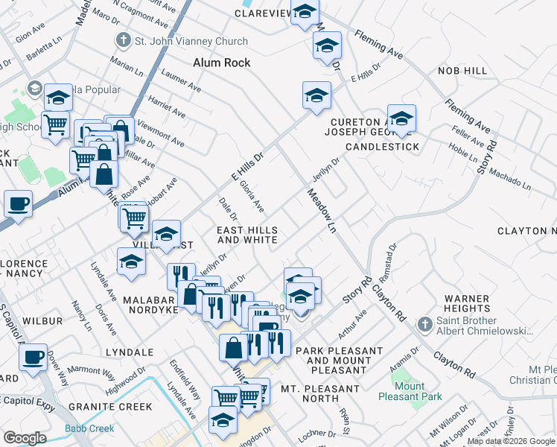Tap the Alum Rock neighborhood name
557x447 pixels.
(221, 63)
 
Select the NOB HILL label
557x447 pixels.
(462, 71)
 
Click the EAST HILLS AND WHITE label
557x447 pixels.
(247, 235)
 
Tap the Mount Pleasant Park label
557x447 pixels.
(409, 392)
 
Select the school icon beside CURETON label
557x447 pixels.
(401, 118)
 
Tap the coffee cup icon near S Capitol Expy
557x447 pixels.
(34, 357)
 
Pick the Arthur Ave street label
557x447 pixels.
(352, 323)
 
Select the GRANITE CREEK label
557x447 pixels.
(110, 407)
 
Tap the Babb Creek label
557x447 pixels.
(89, 428)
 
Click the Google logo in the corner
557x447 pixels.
(25, 438)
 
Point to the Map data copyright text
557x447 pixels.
(511, 441)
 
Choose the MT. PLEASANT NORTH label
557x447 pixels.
(320, 389)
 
